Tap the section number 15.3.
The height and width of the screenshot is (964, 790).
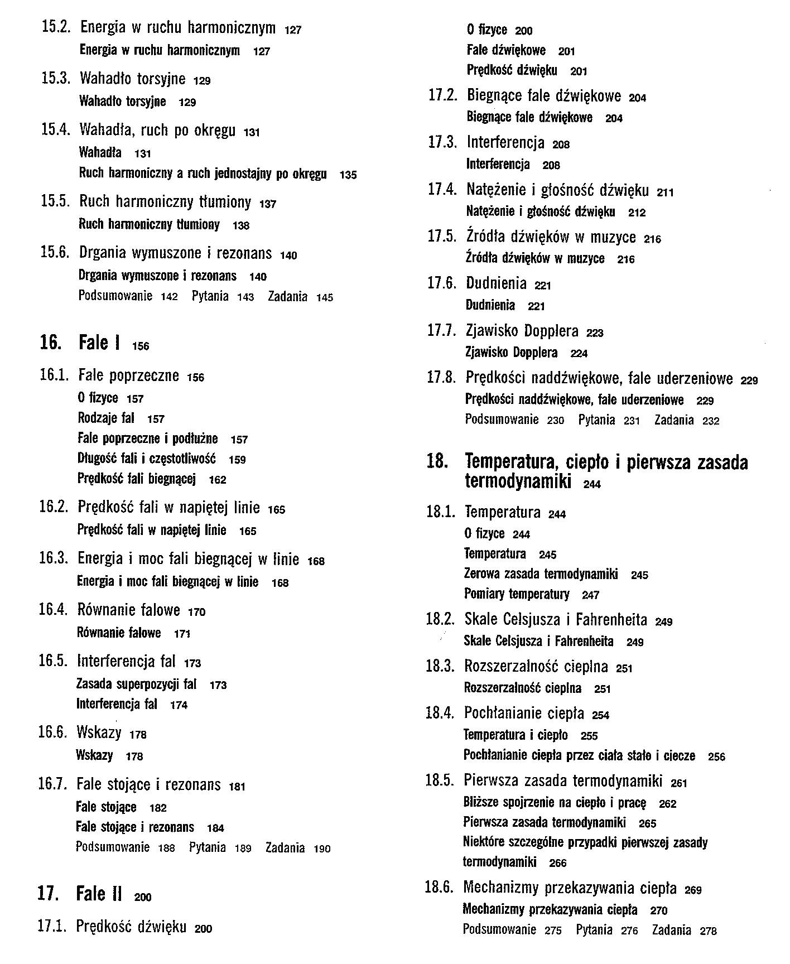pos(55,78)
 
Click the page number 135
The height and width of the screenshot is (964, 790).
pos(348,175)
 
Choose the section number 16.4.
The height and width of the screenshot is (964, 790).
pos(53,609)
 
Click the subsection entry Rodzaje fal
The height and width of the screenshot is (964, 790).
pos(105,418)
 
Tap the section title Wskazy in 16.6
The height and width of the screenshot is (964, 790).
pos(99,732)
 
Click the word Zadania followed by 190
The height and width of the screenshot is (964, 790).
pos(285,848)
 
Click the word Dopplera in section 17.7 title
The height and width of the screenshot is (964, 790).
pos(551,331)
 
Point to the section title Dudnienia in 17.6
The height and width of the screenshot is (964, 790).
pos(496,283)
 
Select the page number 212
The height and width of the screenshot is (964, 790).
pos(637,213)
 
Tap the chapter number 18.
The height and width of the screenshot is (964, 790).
pos(437,462)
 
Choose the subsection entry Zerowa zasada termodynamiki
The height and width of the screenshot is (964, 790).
pos(541,574)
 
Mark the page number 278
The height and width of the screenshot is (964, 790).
pos(709,931)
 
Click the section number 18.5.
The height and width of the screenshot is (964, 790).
pos(440,780)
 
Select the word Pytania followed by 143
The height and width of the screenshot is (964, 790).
pos(210,296)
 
